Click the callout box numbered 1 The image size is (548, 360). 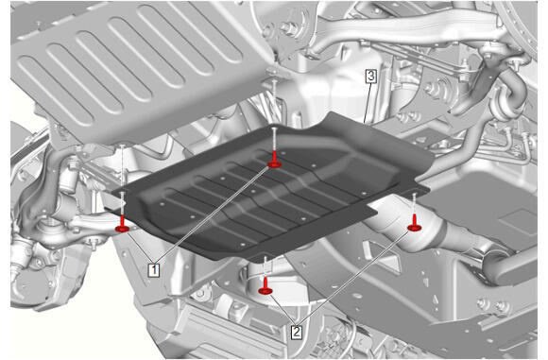154,270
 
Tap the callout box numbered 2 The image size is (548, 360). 297,332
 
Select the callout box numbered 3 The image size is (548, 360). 371,76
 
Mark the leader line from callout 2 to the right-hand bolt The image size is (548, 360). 353,275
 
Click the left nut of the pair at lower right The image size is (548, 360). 484,303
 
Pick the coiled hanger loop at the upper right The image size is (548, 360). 511,92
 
